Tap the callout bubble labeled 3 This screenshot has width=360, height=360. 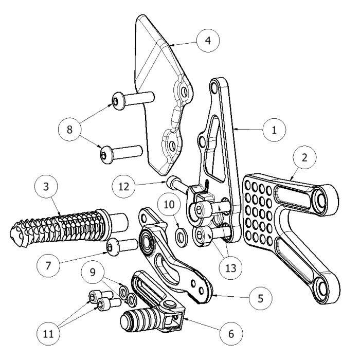coord(47,188)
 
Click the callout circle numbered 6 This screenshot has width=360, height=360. coord(230,333)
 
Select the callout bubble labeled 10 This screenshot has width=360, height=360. coord(169,205)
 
